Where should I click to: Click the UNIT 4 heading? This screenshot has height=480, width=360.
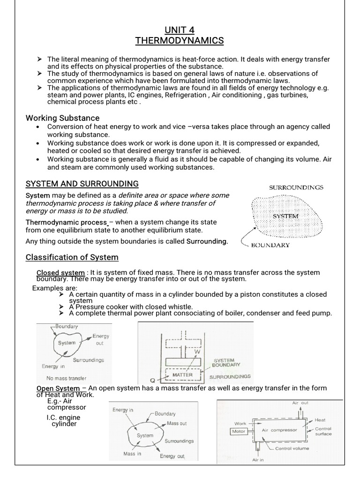click(x=180, y=30)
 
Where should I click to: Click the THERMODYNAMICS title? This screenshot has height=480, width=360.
click(x=180, y=41)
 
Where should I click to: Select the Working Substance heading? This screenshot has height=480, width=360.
click(x=62, y=118)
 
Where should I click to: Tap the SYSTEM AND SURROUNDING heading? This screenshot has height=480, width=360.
click(x=82, y=183)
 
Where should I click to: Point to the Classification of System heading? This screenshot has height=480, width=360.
click(x=72, y=257)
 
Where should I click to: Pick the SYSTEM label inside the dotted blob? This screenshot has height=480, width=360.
click(x=286, y=216)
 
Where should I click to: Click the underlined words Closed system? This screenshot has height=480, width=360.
click(x=60, y=273)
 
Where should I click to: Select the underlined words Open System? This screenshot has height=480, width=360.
click(x=58, y=388)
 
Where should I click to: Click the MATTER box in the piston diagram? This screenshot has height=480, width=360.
click(x=182, y=375)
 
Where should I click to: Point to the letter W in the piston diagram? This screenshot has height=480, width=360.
click(x=196, y=352)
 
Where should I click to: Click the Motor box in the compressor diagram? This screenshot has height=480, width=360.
click(x=239, y=431)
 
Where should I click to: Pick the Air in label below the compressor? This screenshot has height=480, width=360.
click(x=258, y=460)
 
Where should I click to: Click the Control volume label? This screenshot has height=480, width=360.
click(x=292, y=449)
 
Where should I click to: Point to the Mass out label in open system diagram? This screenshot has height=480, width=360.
click(x=177, y=423)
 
